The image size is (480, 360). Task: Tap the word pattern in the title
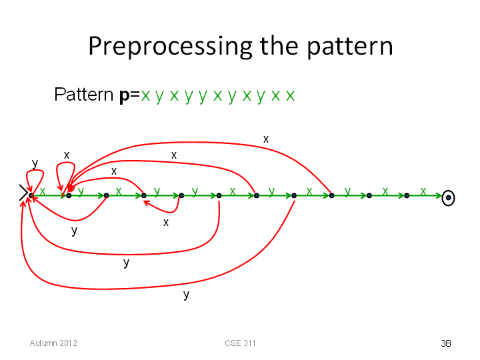coord(350,47)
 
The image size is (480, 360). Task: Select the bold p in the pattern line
coord(125,95)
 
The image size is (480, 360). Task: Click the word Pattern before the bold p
coord(83,94)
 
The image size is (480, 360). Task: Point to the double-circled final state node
coord(448,198)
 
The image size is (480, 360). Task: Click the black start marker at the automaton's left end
coord(23,193)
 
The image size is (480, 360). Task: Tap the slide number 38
coord(446,343)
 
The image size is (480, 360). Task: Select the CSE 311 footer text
coord(240,343)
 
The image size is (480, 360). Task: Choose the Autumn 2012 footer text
coord(53,343)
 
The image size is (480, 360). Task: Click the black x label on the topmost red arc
coord(266,139)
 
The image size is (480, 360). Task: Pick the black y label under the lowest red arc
coord(186,295)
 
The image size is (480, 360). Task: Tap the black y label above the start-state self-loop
coord(35,163)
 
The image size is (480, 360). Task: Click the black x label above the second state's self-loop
coord(67,155)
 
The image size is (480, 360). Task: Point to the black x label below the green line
coord(165,223)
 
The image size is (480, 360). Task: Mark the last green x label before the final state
coord(423,191)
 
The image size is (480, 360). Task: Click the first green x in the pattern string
coord(145,96)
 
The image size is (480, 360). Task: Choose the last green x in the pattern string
coord(290,96)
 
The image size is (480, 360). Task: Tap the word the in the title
coord(279,46)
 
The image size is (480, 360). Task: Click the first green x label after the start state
coord(42,191)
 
